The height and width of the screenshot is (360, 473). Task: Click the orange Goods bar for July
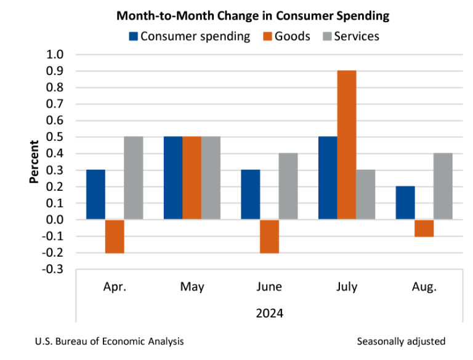click(x=347, y=145)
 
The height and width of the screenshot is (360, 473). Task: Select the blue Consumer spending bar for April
click(x=95, y=194)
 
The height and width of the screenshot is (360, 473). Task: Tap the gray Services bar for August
click(x=443, y=186)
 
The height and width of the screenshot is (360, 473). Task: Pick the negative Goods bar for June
click(x=269, y=236)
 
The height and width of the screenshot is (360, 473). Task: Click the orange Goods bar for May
click(x=192, y=178)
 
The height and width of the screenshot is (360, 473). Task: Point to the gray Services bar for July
click(x=365, y=194)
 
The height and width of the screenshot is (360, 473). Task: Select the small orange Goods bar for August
click(x=424, y=228)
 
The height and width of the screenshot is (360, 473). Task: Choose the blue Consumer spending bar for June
click(x=250, y=194)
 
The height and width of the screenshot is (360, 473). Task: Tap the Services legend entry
click(x=350, y=36)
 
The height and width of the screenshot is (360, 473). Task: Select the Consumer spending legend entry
click(x=189, y=36)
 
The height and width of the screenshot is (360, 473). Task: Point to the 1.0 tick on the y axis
click(x=55, y=55)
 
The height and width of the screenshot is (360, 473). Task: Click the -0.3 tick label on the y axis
click(x=54, y=269)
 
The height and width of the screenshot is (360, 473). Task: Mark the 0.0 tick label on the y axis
click(x=55, y=220)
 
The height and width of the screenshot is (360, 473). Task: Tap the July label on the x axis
click(x=347, y=287)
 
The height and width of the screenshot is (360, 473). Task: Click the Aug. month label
click(x=424, y=287)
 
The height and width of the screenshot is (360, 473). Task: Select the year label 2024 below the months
click(x=269, y=313)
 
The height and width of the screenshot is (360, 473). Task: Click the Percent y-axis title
click(x=34, y=162)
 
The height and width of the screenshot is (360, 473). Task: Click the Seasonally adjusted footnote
click(x=400, y=341)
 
